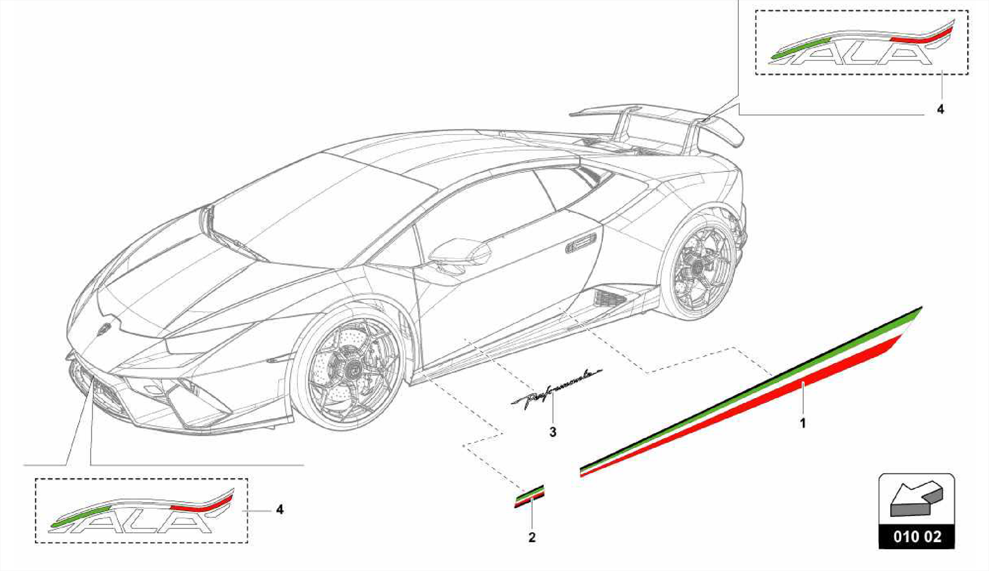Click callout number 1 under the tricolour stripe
[x=803, y=423]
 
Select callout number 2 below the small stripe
[x=532, y=537]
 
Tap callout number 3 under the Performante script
[x=553, y=432]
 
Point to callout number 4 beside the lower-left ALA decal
[x=280, y=509]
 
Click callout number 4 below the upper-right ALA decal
[x=940, y=110]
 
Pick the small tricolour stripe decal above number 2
[x=529, y=497]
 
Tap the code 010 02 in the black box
[x=917, y=536]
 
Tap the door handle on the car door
[x=581, y=245]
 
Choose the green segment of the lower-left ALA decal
[x=80, y=516]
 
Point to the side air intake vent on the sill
[x=609, y=298]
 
